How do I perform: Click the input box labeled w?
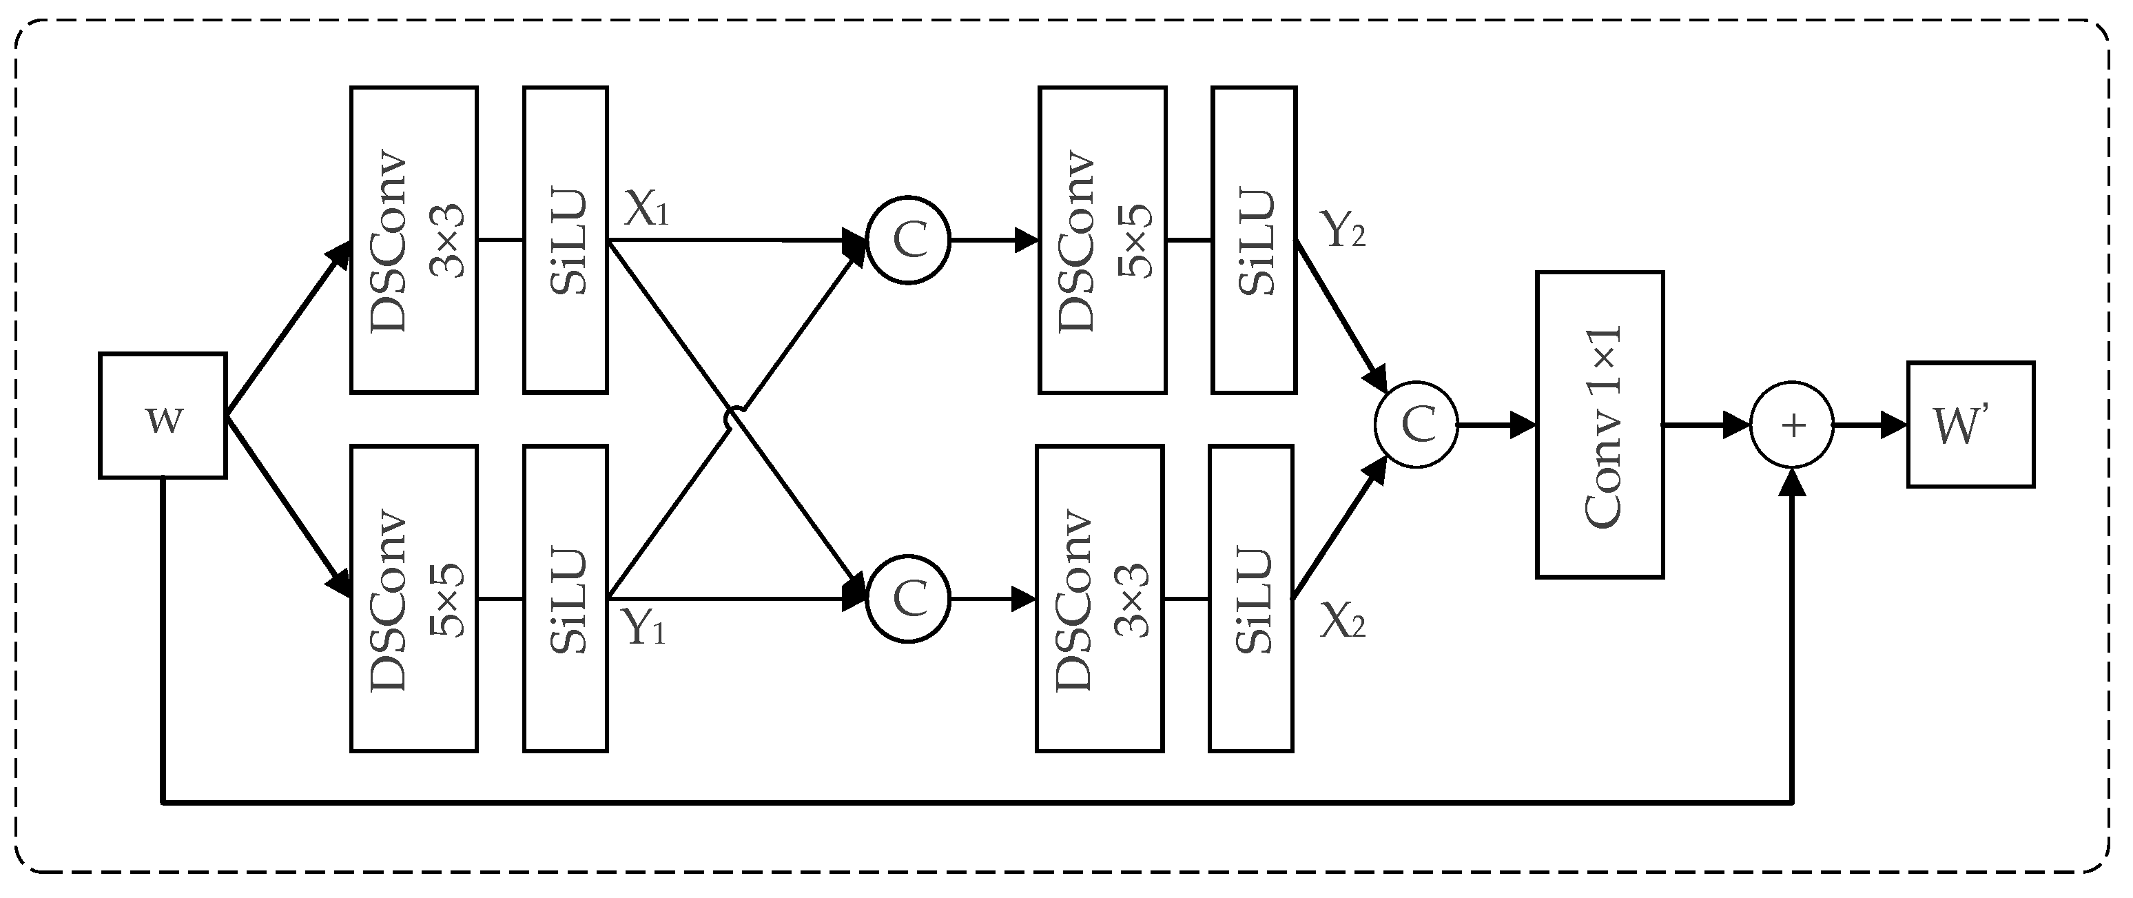pos(163,416)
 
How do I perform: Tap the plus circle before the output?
pos(1792,426)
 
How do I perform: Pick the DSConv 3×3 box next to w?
pos(413,241)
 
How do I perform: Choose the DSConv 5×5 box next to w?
pos(413,599)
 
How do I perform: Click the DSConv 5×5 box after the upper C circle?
pos(1102,241)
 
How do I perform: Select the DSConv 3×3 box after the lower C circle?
pos(1100,599)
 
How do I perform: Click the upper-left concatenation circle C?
pos(908,241)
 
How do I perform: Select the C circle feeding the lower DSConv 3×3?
pos(908,599)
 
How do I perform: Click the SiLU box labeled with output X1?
pos(566,241)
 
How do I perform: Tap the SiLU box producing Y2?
pos(1254,241)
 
